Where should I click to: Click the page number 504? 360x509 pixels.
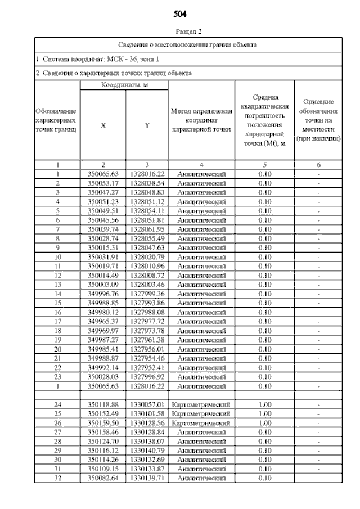[x=181, y=13]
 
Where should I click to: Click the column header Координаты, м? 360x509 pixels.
[x=124, y=85]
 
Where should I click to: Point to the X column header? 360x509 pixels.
[x=103, y=125]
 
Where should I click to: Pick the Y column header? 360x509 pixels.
[x=146, y=125]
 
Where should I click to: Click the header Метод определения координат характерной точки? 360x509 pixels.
[x=201, y=120]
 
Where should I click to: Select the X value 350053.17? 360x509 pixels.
[x=103, y=183]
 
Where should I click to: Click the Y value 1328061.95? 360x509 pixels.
[x=146, y=229]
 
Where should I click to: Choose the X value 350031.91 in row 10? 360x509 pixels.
[x=103, y=257]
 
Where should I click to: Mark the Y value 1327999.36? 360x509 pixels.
[x=146, y=294]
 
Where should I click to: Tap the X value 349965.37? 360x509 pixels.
[x=103, y=321]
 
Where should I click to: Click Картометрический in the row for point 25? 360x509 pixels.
[x=201, y=413]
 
